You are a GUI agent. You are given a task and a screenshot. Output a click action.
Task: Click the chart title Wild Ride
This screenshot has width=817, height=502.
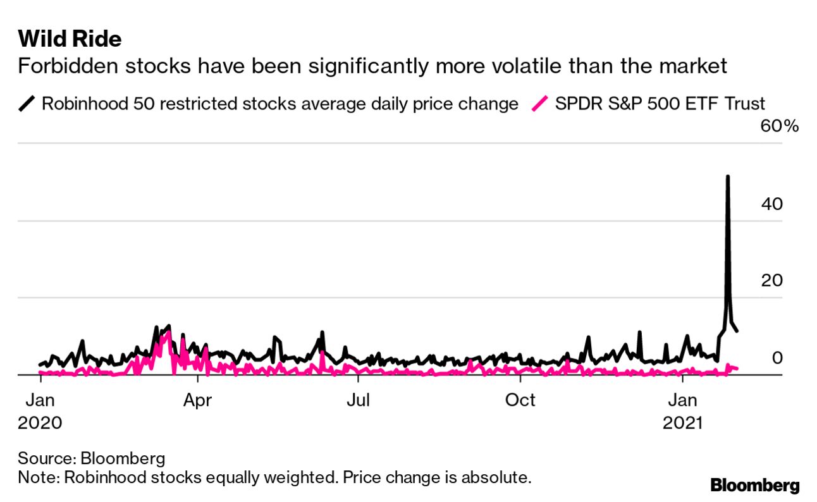pyautogui.click(x=70, y=39)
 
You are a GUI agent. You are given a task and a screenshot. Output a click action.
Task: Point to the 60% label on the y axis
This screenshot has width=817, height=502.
pyautogui.click(x=780, y=126)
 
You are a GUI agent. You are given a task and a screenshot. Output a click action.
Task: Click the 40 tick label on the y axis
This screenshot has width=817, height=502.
pyautogui.click(x=772, y=204)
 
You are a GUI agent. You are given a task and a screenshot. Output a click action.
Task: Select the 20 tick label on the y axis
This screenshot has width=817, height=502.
pyautogui.click(x=772, y=280)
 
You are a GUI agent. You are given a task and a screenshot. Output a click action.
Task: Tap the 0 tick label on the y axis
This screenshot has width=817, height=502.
pyautogui.click(x=778, y=357)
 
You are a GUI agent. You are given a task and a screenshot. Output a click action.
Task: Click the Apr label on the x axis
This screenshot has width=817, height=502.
pyautogui.click(x=198, y=400)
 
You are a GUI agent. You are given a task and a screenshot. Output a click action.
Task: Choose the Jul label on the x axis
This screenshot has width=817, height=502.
pyautogui.click(x=359, y=400)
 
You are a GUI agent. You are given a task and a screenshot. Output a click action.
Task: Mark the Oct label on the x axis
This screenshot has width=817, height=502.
pyautogui.click(x=520, y=400)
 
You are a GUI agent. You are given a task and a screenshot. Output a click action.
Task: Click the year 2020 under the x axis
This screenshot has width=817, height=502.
pyautogui.click(x=40, y=422)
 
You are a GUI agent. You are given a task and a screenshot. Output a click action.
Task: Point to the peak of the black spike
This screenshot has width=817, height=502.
pyautogui.click(x=728, y=176)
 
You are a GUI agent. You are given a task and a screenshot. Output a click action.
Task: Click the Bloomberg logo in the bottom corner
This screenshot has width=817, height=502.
pyautogui.click(x=755, y=486)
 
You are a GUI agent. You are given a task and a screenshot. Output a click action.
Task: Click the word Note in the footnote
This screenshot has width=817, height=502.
pyautogui.click(x=37, y=477)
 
